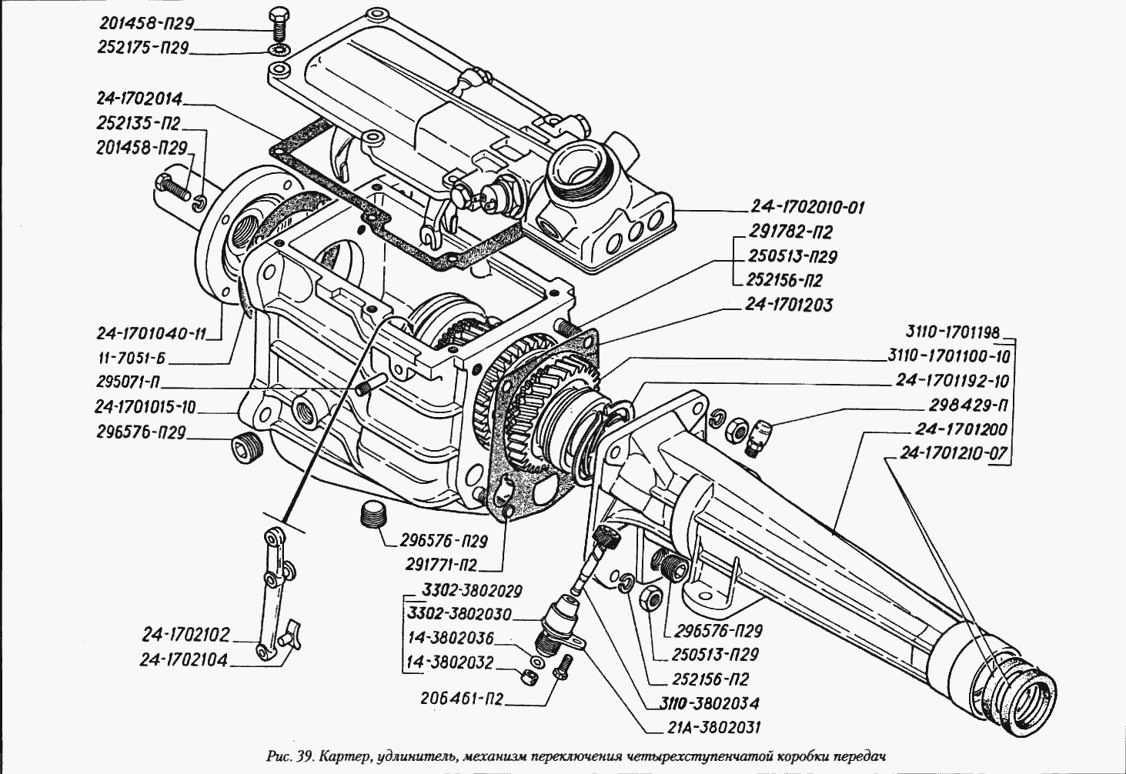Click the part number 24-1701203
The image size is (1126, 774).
[x=788, y=305]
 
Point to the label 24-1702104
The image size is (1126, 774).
[x=185, y=659]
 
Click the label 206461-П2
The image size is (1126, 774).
[x=462, y=699]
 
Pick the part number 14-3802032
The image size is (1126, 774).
[x=449, y=662]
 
